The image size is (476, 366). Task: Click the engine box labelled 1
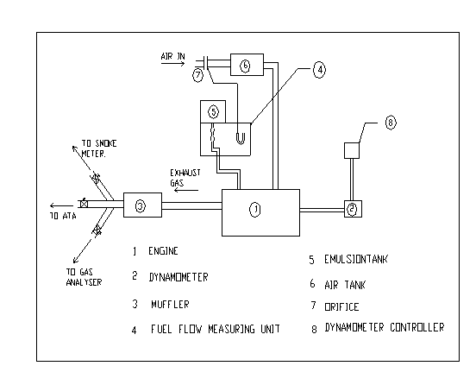click(x=260, y=212)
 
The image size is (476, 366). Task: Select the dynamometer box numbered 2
click(x=353, y=209)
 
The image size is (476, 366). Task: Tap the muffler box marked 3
click(x=142, y=205)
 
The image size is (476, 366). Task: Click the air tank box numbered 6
click(x=247, y=65)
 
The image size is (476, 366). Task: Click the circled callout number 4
click(x=319, y=70)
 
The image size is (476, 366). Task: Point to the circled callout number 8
click(x=391, y=123)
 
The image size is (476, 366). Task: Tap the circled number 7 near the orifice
click(x=197, y=75)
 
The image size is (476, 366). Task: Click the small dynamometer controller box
click(x=352, y=150)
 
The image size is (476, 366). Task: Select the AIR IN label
click(x=172, y=56)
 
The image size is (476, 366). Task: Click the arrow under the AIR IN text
click(x=172, y=64)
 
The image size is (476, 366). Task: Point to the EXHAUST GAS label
click(x=185, y=178)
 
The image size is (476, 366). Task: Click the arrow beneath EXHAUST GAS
click(x=185, y=190)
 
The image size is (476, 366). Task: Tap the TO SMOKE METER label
click(x=99, y=148)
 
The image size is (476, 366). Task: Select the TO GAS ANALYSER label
click(x=84, y=277)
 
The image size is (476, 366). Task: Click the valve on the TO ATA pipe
click(x=84, y=204)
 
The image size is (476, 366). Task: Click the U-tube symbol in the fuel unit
click(x=241, y=139)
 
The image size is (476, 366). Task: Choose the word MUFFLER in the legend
click(x=170, y=305)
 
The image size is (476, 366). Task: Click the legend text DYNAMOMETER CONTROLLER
click(x=385, y=327)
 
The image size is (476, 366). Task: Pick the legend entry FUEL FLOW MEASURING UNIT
click(x=216, y=329)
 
